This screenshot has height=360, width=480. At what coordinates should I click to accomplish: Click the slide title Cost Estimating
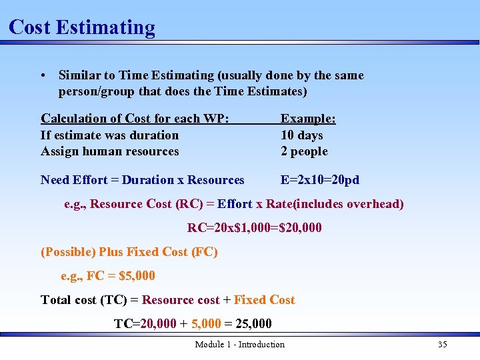(82, 27)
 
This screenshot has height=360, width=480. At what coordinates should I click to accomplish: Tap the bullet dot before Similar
(43, 76)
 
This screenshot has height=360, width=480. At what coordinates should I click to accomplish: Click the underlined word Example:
(308, 119)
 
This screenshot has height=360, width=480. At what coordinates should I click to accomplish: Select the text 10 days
(301, 135)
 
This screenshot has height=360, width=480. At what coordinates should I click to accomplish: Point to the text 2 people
(304, 151)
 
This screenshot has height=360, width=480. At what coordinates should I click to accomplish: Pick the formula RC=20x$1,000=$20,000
(254, 228)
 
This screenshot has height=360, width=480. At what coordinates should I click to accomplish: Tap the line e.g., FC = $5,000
(107, 276)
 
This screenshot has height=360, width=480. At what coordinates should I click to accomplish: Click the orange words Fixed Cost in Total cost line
(264, 300)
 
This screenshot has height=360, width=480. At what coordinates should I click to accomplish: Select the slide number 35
(442, 345)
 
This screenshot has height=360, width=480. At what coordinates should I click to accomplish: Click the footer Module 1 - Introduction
(239, 345)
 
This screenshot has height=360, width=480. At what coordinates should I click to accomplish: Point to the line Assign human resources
(110, 151)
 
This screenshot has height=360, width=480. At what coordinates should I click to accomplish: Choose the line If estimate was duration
(110, 135)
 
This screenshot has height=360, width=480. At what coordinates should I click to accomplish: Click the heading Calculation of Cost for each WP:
(135, 119)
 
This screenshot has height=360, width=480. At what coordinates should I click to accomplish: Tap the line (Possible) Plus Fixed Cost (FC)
(129, 252)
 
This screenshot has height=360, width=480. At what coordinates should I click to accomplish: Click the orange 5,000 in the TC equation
(206, 324)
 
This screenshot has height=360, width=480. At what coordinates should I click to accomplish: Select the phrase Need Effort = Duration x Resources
(143, 180)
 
